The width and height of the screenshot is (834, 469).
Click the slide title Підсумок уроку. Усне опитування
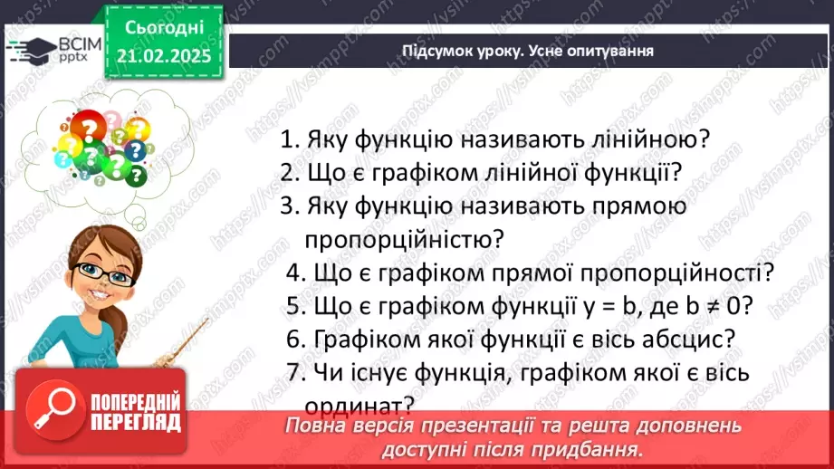coord(528,50)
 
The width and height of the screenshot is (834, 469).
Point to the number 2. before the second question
coord(290,173)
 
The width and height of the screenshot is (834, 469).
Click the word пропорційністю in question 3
coord(404,239)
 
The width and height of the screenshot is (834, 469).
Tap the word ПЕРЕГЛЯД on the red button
coord(136,422)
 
